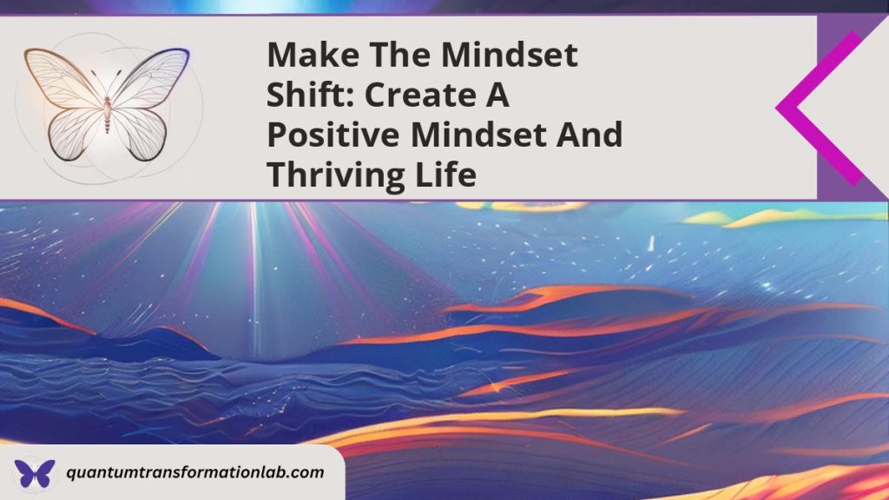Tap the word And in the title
590,135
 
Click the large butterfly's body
108,113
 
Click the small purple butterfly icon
34,474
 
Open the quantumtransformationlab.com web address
195,473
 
